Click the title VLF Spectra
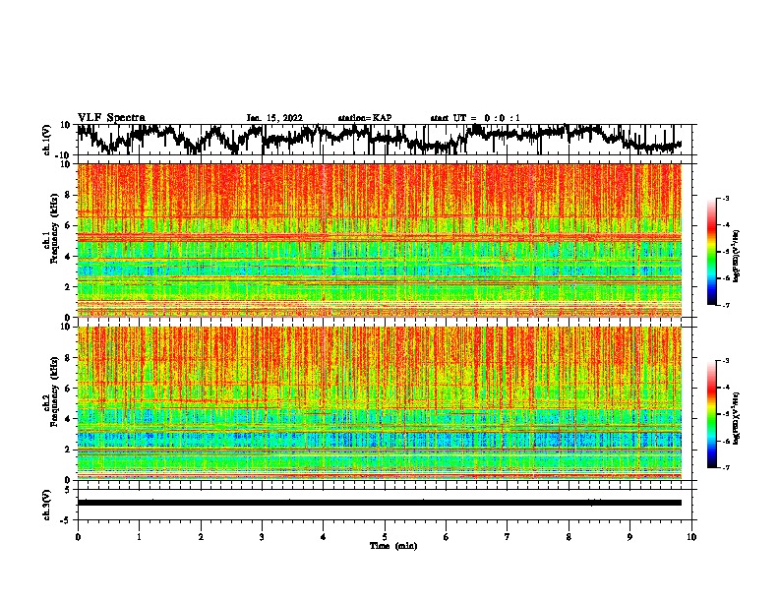point(111,117)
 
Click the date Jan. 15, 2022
point(274,118)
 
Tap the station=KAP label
point(365,118)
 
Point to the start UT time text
point(475,118)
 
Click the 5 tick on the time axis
point(385,536)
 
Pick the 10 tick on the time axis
point(691,536)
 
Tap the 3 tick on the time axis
point(262,536)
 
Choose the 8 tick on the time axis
point(569,536)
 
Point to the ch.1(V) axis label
point(46,140)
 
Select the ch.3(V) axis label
point(46,502)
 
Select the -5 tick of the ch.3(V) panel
point(66,517)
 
